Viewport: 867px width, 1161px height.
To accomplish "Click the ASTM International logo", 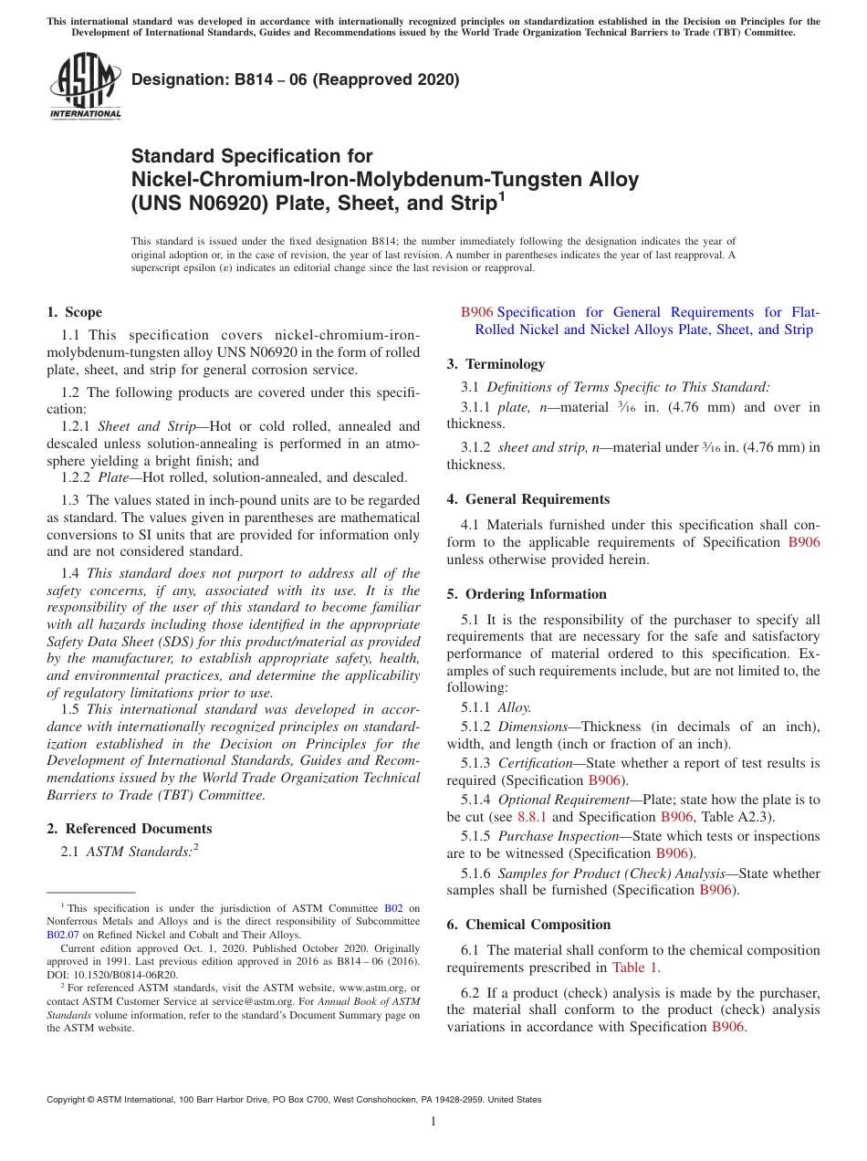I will coord(84,85).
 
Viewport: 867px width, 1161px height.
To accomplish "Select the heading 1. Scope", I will coord(74,312).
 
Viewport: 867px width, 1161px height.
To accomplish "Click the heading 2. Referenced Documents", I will coord(130,829).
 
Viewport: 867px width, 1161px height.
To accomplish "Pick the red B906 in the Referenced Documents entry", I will coord(476,312).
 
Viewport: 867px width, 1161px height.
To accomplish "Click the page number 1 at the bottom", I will coord(433,1121).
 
